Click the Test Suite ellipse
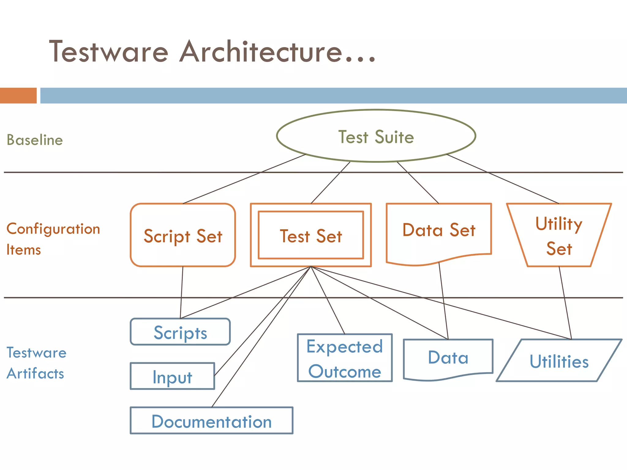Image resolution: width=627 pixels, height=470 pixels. [x=376, y=136]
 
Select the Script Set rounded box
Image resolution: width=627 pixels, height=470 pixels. [x=183, y=236]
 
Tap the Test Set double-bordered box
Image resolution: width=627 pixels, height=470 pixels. [x=311, y=236]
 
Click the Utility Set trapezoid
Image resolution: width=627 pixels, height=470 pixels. [x=559, y=236]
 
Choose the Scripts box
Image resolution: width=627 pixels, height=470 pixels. [x=180, y=332]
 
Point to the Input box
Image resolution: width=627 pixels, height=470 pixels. [x=172, y=376]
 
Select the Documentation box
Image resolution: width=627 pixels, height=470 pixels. [x=212, y=421]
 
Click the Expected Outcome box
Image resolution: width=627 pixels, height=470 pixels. [x=345, y=358]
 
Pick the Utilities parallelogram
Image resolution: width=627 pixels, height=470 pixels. [x=559, y=361]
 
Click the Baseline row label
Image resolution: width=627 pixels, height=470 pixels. [x=35, y=140]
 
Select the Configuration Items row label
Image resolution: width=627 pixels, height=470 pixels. [x=53, y=239]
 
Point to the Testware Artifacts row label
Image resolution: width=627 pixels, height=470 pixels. [x=36, y=363]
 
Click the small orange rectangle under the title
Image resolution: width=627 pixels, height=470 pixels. [x=18, y=95]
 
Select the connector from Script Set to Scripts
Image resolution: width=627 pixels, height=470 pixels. [x=182, y=292]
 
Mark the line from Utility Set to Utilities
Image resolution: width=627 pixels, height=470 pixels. [x=565, y=303]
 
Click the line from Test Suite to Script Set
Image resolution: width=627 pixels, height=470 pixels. [x=245, y=179]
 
